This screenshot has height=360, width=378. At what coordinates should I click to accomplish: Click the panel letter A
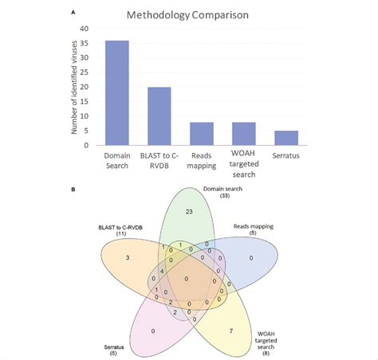click(x=73, y=13)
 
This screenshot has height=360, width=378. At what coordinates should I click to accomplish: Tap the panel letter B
click(x=73, y=190)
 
